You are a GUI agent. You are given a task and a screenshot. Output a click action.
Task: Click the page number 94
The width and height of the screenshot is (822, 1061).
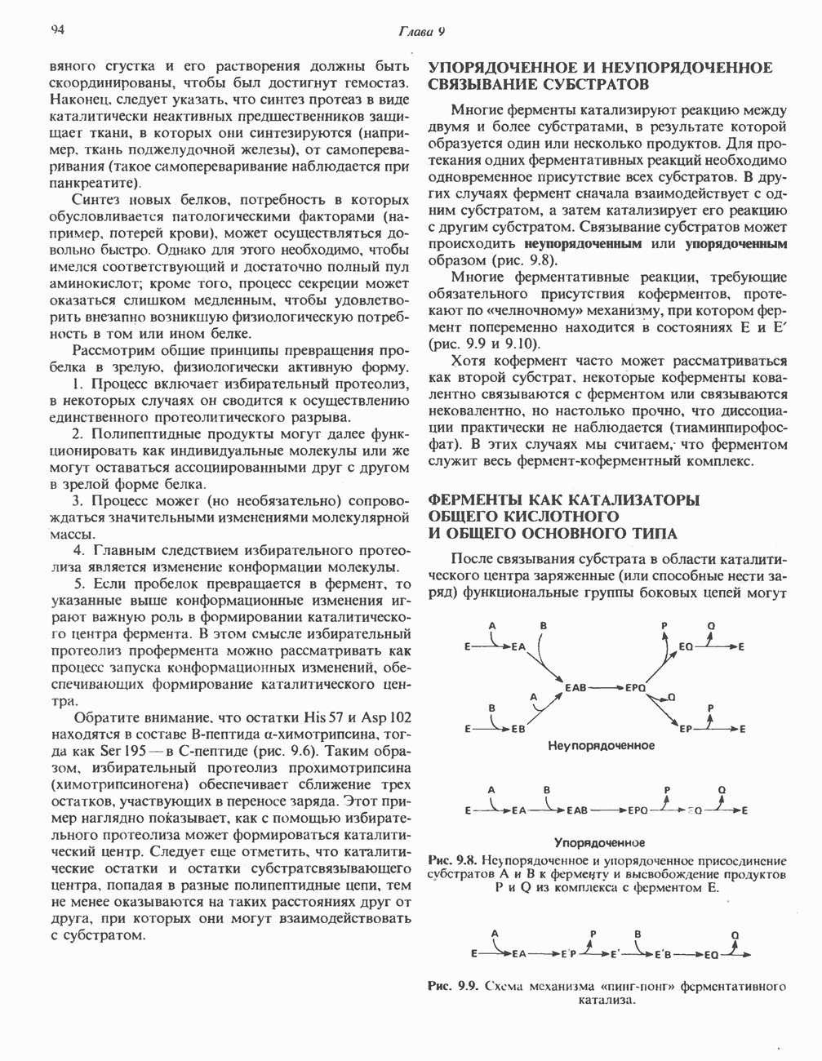click(58, 30)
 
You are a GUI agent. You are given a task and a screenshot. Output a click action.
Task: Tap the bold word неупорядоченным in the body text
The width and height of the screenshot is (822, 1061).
click(583, 244)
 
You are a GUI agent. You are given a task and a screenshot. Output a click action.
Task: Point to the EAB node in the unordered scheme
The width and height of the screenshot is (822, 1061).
click(576, 689)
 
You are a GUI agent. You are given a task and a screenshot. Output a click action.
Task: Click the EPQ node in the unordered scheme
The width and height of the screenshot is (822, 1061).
click(637, 689)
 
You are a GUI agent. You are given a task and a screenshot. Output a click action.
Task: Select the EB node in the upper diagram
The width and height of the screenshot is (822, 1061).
click(517, 730)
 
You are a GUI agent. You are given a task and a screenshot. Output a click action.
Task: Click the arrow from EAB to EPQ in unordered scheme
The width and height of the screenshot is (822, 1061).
click(607, 689)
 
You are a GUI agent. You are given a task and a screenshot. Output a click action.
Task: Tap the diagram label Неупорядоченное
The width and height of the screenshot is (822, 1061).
click(601, 746)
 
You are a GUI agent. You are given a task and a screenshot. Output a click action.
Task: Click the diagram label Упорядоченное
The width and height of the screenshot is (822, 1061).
click(600, 842)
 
